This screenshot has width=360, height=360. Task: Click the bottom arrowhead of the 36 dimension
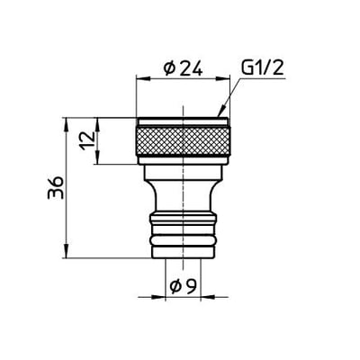click(x=67, y=255)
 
